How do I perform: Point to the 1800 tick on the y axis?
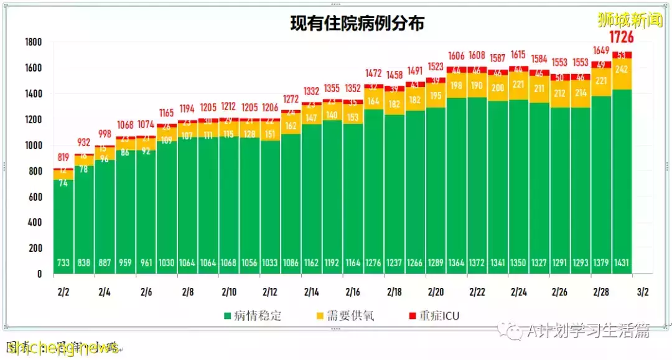tap(33, 42)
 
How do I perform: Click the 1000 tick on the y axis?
tap(33, 145)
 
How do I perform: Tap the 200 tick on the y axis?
tap(35, 248)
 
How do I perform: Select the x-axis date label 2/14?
tap(312, 292)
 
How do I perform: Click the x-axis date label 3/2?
tap(642, 292)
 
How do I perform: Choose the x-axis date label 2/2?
tap(63, 292)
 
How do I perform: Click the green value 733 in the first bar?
tap(63, 262)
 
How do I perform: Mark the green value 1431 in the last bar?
tap(622, 262)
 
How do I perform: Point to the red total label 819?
tap(63, 157)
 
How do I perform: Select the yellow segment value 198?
tap(457, 86)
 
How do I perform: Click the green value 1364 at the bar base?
tap(457, 262)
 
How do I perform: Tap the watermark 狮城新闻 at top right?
tap(630, 20)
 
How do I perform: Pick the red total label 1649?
tap(601, 51)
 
